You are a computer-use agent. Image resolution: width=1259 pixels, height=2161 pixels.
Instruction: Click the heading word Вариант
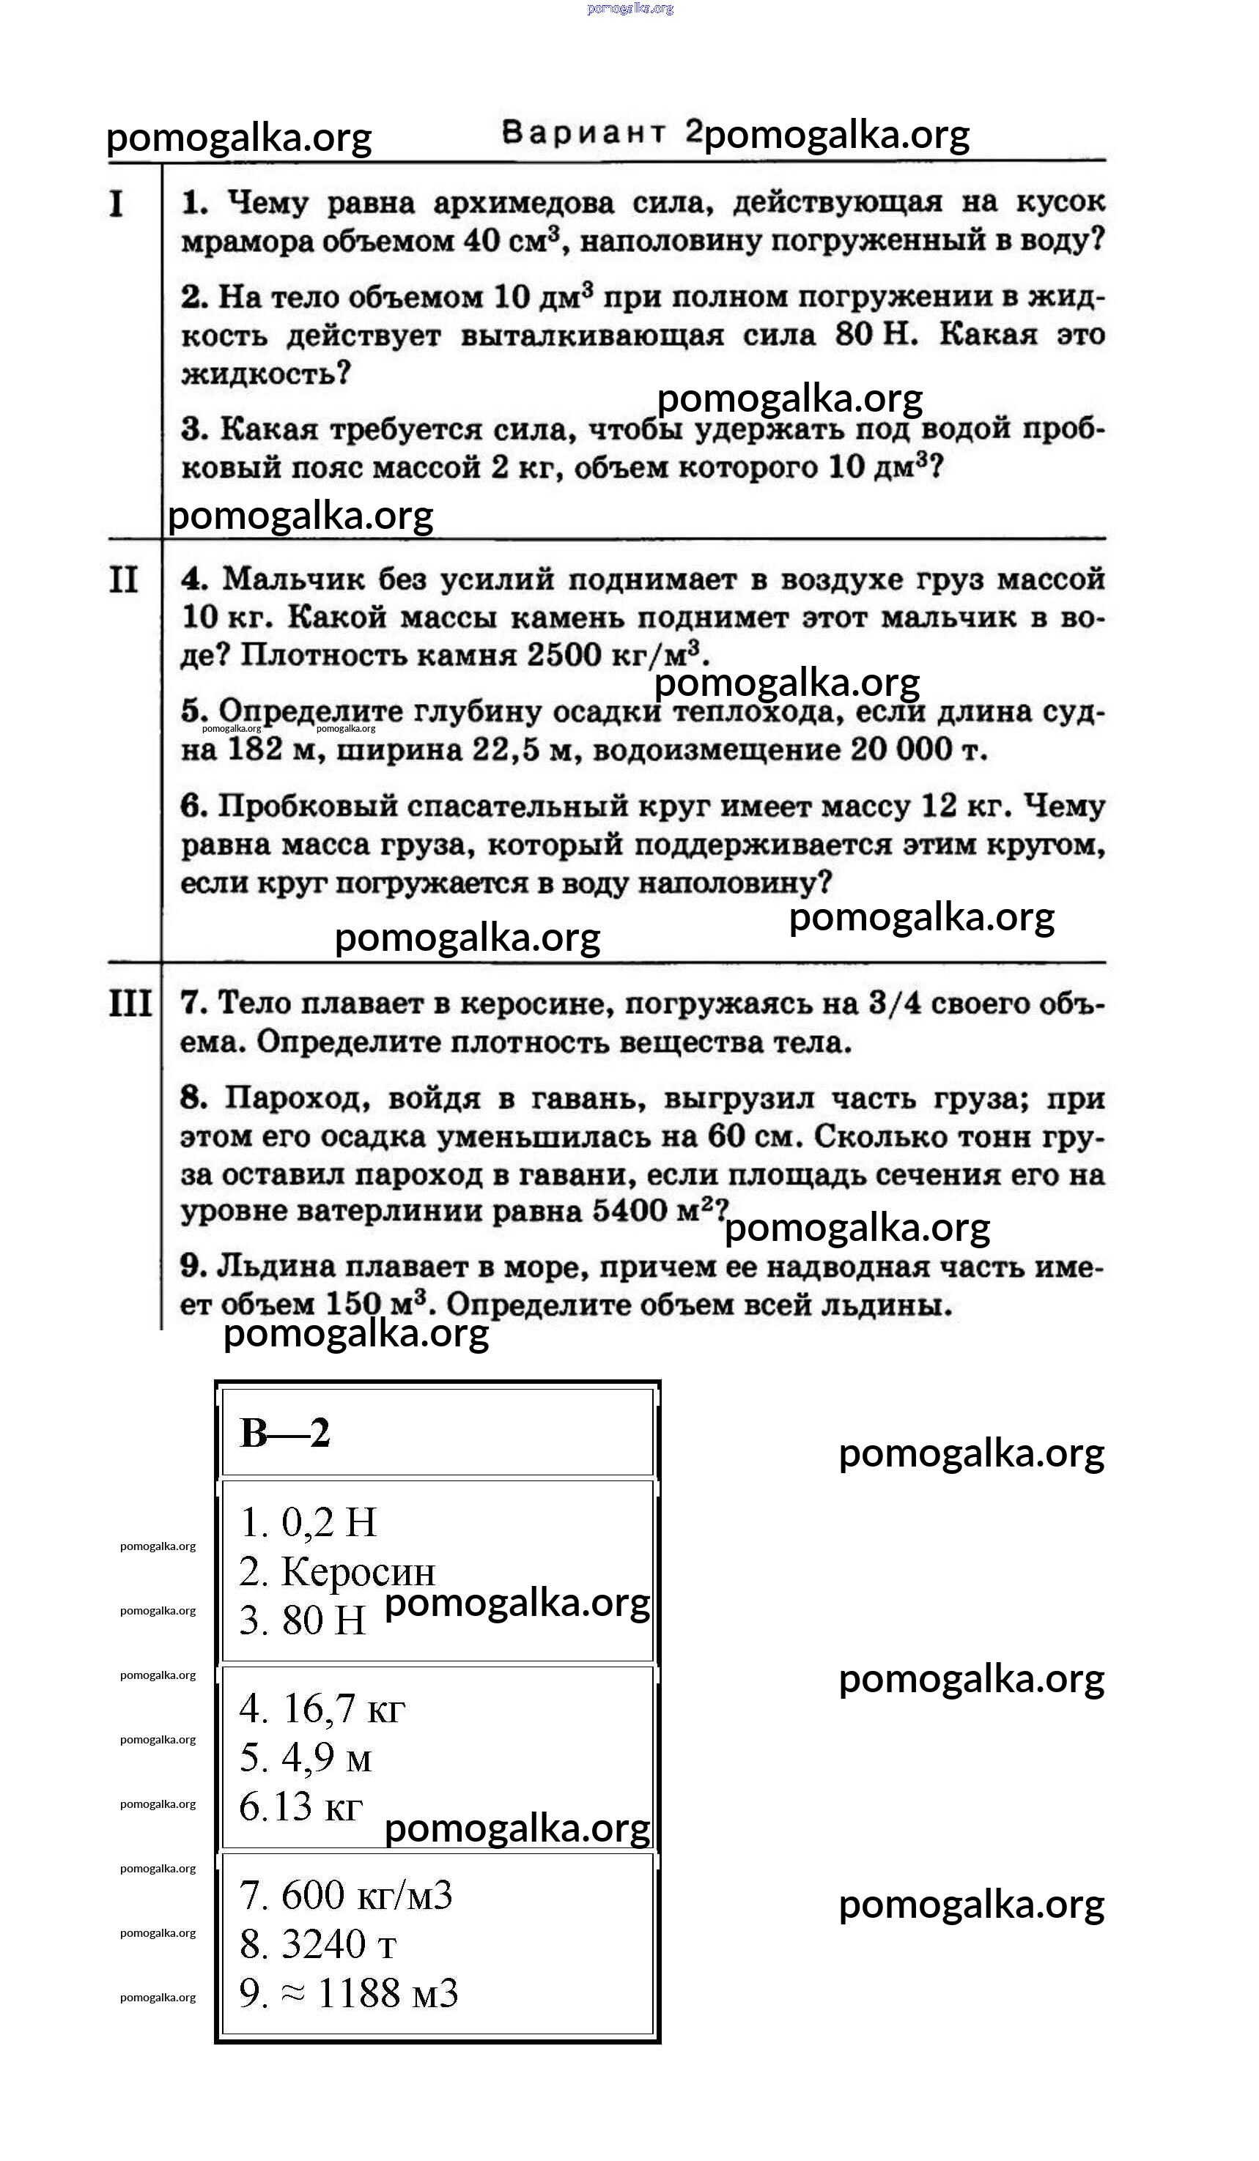583,132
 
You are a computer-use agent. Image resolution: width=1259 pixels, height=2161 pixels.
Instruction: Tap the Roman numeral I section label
117,204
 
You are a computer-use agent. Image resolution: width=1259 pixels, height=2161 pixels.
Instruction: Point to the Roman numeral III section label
130,1004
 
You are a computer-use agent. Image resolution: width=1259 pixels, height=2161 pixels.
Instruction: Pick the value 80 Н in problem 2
876,335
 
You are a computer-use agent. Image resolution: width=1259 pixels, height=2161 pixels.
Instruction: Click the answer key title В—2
285,1433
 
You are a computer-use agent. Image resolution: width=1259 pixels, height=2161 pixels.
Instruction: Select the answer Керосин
358,1572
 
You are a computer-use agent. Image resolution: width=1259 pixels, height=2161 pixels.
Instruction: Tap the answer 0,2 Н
329,1523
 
